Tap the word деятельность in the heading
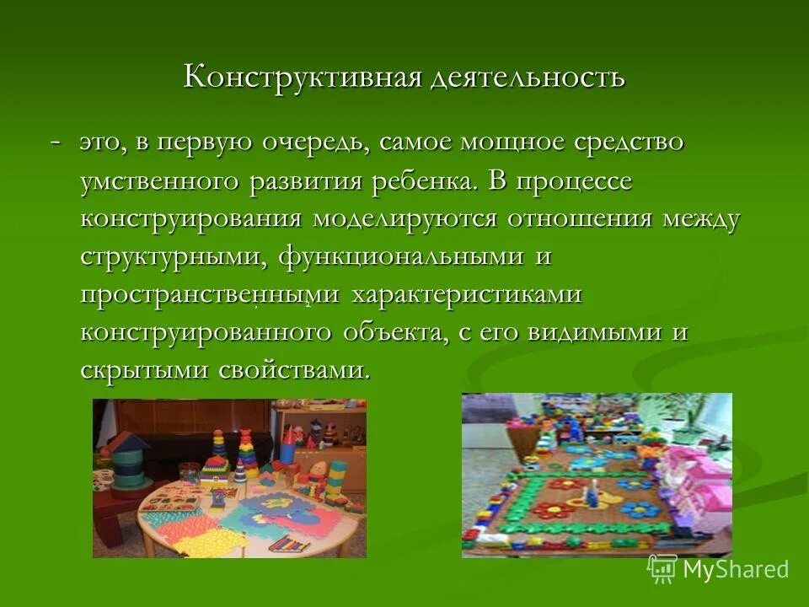(x=528, y=78)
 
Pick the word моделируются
(x=405, y=218)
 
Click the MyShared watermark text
(x=735, y=569)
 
